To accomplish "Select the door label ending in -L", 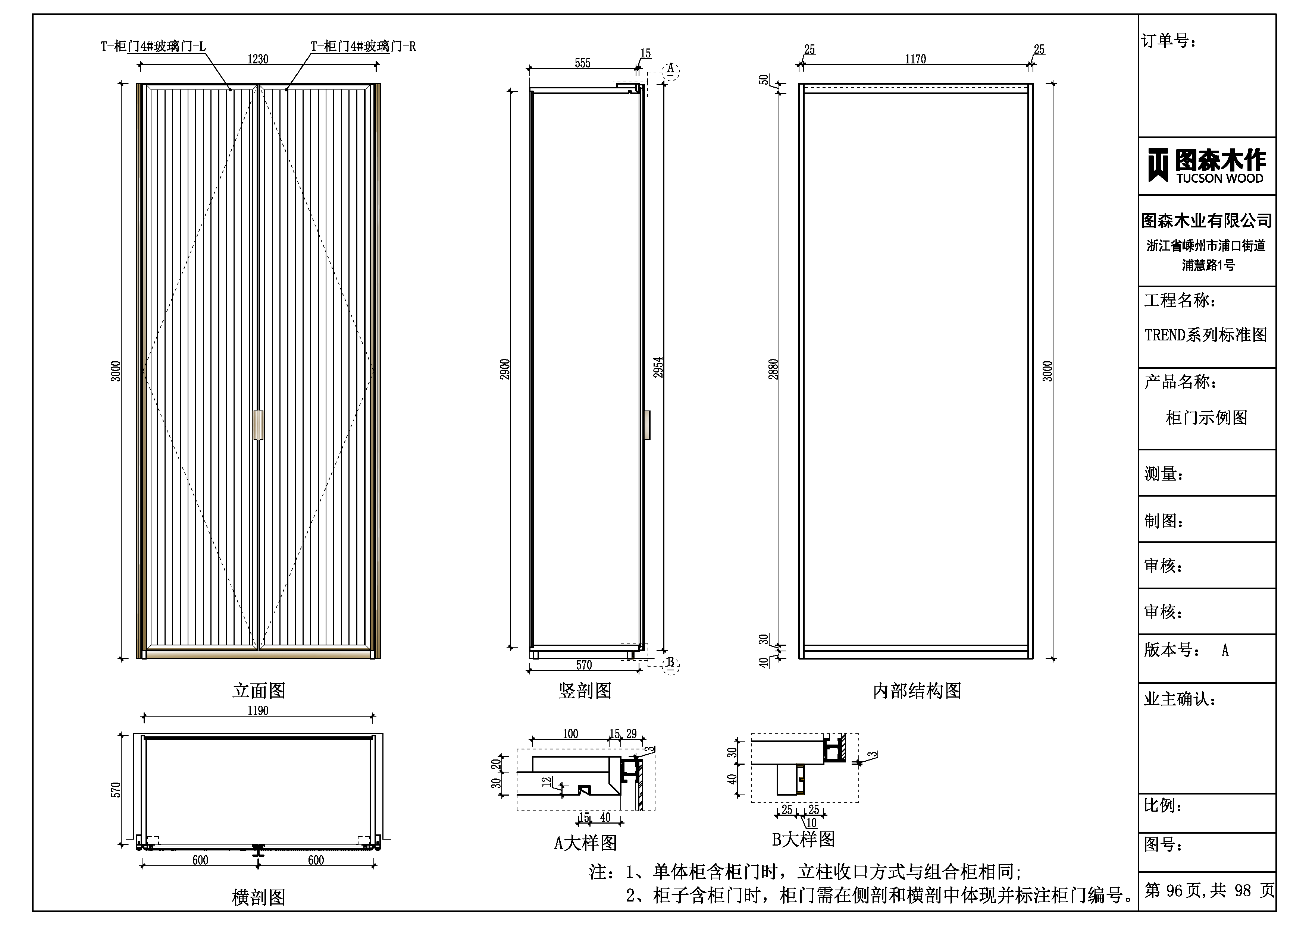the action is click(153, 46).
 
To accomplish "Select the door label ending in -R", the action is click(363, 46).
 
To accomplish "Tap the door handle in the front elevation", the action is click(258, 425).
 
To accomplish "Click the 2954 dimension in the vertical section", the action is click(658, 368).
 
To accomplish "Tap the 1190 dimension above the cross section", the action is click(258, 711).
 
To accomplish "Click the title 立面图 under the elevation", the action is click(259, 691).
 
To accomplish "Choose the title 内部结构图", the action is click(917, 691).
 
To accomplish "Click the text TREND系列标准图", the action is click(1206, 334).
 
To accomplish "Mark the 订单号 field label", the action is click(1169, 41).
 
